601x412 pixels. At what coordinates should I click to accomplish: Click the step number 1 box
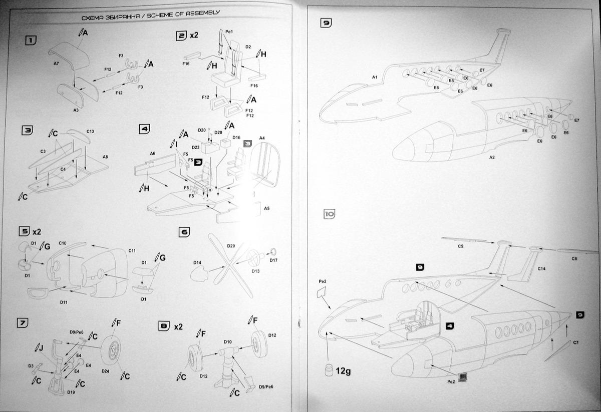pyautogui.click(x=31, y=40)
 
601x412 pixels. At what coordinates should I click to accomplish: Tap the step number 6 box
pyautogui.click(x=184, y=232)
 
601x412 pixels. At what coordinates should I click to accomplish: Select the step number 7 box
pyautogui.click(x=23, y=322)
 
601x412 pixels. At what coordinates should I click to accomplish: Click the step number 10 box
pyautogui.click(x=329, y=214)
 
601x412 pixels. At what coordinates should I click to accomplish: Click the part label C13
pyautogui.click(x=90, y=131)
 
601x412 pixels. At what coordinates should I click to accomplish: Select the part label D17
pyautogui.click(x=273, y=260)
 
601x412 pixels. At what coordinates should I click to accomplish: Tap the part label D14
pyautogui.click(x=197, y=261)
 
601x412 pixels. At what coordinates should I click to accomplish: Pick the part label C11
pyautogui.click(x=132, y=250)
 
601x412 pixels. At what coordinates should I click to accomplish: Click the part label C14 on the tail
pyautogui.click(x=542, y=269)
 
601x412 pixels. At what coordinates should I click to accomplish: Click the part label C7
pyautogui.click(x=575, y=342)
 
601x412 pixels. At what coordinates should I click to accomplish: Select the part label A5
pyautogui.click(x=266, y=208)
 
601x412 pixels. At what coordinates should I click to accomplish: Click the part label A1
pyautogui.click(x=375, y=77)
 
